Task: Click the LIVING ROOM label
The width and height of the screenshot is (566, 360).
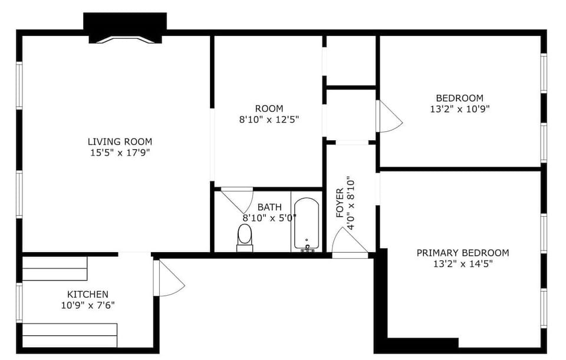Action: click(x=120, y=141)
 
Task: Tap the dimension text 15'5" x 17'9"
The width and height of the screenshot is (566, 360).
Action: click(x=120, y=153)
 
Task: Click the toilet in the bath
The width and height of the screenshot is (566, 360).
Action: click(x=245, y=237)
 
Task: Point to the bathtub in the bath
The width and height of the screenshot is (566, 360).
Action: click(x=306, y=224)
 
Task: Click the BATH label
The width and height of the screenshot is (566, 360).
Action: click(x=269, y=207)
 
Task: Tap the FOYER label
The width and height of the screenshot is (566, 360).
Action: click(x=340, y=203)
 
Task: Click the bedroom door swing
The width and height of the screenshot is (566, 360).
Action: click(x=389, y=117)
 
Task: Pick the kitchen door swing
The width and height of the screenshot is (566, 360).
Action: click(x=170, y=279)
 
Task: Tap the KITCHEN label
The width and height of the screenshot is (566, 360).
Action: click(x=87, y=294)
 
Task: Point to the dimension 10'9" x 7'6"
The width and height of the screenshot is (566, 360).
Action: click(x=87, y=305)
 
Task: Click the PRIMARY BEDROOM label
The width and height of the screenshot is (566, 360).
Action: click(x=463, y=253)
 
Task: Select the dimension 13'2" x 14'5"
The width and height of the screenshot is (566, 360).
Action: click(x=463, y=264)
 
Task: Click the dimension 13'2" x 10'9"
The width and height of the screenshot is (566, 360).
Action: click(x=460, y=109)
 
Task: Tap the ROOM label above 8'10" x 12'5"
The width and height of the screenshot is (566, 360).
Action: click(x=269, y=108)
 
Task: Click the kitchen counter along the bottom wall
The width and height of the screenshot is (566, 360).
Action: click(x=70, y=335)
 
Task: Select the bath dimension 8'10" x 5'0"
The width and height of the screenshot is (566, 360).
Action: click(x=269, y=218)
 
